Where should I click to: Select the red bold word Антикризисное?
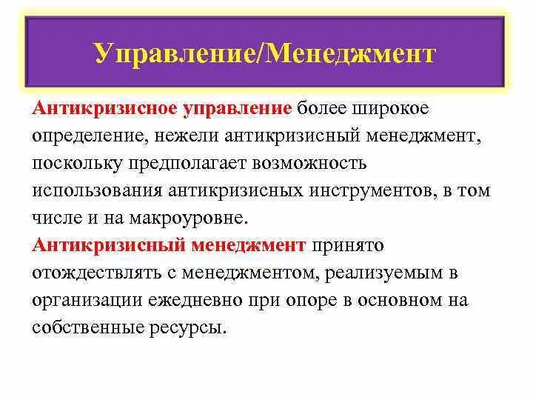point(104,110)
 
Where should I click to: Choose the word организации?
point(83,300)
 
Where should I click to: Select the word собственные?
point(81,327)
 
